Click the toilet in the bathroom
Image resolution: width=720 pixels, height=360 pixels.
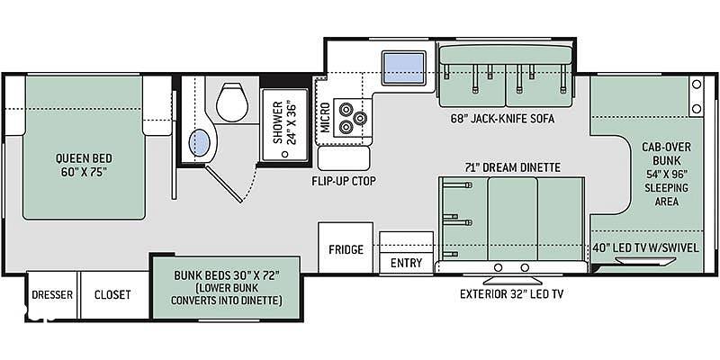click(x=232, y=102)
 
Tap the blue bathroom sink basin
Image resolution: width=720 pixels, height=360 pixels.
click(x=200, y=143)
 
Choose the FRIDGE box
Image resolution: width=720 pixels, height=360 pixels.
click(x=346, y=248)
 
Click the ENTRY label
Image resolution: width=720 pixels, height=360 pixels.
click(x=406, y=263)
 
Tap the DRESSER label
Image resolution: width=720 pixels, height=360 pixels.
click(x=52, y=294)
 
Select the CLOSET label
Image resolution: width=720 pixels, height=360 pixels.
click(x=112, y=294)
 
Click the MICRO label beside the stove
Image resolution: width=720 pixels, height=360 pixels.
click(x=325, y=118)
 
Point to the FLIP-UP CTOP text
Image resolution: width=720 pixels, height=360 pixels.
click(x=344, y=181)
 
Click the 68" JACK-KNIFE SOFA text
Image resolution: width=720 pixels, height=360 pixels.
click(x=503, y=119)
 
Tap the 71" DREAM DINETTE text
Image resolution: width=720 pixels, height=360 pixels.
click(x=511, y=167)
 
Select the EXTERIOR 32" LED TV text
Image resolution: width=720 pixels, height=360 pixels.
click(x=511, y=294)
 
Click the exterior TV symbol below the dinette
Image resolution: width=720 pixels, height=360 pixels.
click(x=511, y=280)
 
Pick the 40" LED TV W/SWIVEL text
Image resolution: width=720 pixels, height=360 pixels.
click(x=645, y=248)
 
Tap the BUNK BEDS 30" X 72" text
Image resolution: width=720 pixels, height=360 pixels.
click(x=227, y=276)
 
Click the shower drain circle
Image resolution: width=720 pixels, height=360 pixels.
click(x=284, y=154)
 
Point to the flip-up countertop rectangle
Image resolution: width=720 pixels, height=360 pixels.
click(x=344, y=159)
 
